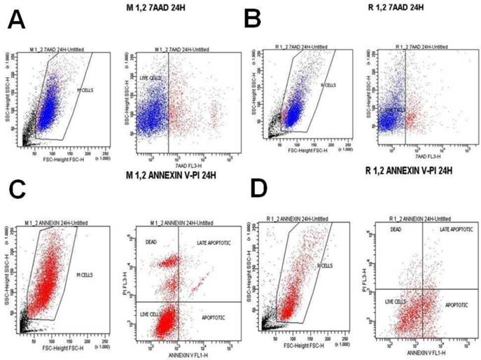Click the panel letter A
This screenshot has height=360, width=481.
point(18,20)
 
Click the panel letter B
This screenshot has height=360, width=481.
point(253,19)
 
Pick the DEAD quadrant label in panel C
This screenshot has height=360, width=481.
point(150,243)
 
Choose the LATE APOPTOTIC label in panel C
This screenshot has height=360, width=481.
point(204,243)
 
